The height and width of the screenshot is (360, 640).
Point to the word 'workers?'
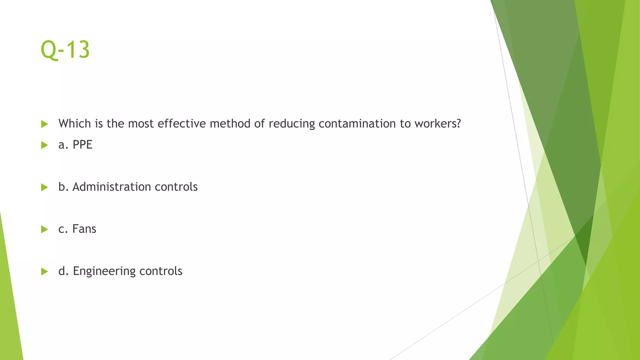(x=437, y=124)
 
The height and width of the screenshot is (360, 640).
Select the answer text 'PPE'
(x=82, y=145)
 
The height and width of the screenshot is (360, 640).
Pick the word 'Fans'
(x=84, y=229)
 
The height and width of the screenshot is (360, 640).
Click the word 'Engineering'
(x=104, y=271)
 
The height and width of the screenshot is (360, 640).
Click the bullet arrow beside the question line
(x=44, y=124)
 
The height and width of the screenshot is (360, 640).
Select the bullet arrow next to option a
(x=44, y=145)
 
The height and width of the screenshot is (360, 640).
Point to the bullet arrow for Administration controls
(x=44, y=187)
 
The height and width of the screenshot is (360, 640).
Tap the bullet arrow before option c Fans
(x=44, y=229)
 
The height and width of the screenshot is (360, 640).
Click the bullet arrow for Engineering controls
(x=44, y=271)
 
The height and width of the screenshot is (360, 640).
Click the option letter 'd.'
(x=63, y=271)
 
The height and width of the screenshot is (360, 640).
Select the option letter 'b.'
(x=63, y=187)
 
